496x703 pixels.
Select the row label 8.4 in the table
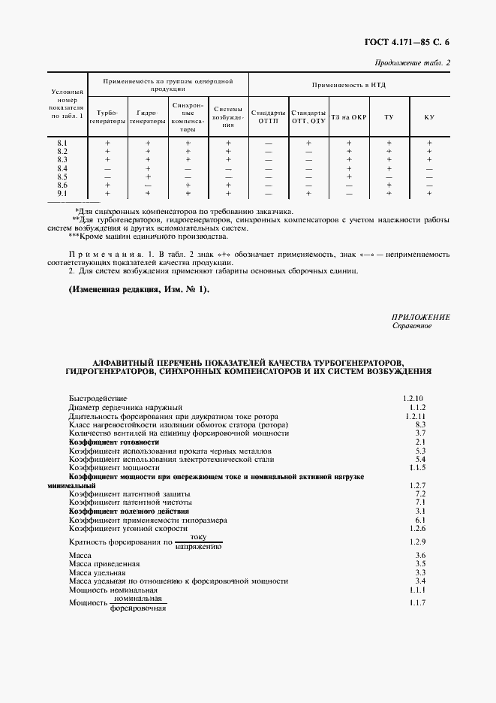pyautogui.click(x=62, y=167)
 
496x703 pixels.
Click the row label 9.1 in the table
pyautogui.click(x=62, y=193)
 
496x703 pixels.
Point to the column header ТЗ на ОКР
pyautogui.click(x=348, y=117)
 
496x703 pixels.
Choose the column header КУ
pyautogui.click(x=429, y=117)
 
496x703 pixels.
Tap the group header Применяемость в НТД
pyautogui.click(x=349, y=85)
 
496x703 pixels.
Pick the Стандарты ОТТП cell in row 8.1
pyautogui.click(x=268, y=143)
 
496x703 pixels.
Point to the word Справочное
pyautogui.click(x=412, y=327)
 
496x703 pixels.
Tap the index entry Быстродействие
pyautogui.click(x=98, y=397)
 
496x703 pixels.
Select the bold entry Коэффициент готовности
pyautogui.click(x=113, y=442)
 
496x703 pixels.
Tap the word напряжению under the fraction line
pyautogui.click(x=198, y=547)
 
